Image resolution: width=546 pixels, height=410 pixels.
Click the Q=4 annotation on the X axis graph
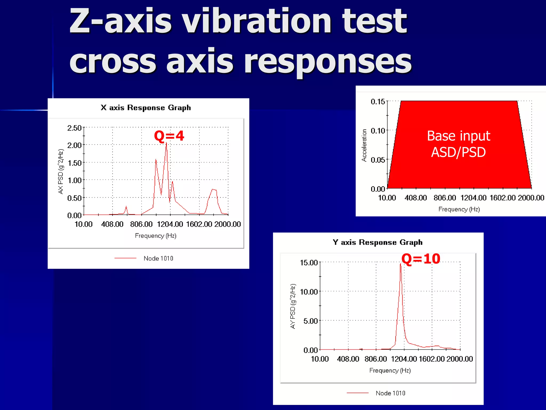[169, 136]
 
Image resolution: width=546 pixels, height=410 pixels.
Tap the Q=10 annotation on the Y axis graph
[421, 259]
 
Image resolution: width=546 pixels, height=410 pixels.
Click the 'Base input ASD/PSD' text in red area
[459, 144]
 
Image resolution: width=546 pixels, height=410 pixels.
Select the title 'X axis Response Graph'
[146, 108]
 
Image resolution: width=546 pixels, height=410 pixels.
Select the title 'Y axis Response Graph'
[378, 242]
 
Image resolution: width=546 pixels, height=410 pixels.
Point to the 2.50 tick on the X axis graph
[74, 128]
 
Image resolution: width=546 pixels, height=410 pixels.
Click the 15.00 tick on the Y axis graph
[309, 263]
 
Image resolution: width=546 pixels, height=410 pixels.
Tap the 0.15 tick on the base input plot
[378, 102]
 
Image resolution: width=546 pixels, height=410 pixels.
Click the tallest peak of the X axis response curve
[166, 143]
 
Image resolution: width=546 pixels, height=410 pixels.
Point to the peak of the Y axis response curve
[400, 264]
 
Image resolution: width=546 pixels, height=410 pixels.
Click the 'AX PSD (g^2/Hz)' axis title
[61, 171]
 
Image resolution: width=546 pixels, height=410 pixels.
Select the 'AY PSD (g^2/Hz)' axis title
[293, 306]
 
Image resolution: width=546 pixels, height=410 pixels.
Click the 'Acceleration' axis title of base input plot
[364, 145]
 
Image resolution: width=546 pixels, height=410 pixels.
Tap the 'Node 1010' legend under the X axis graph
[158, 258]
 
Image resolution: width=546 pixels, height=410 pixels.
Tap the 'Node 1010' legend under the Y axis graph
[390, 393]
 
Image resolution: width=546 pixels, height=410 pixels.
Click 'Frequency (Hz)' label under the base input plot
[459, 209]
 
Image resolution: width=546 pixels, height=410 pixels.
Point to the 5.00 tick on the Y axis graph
[311, 321]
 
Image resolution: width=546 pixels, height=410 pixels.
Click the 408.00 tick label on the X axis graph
[112, 224]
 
